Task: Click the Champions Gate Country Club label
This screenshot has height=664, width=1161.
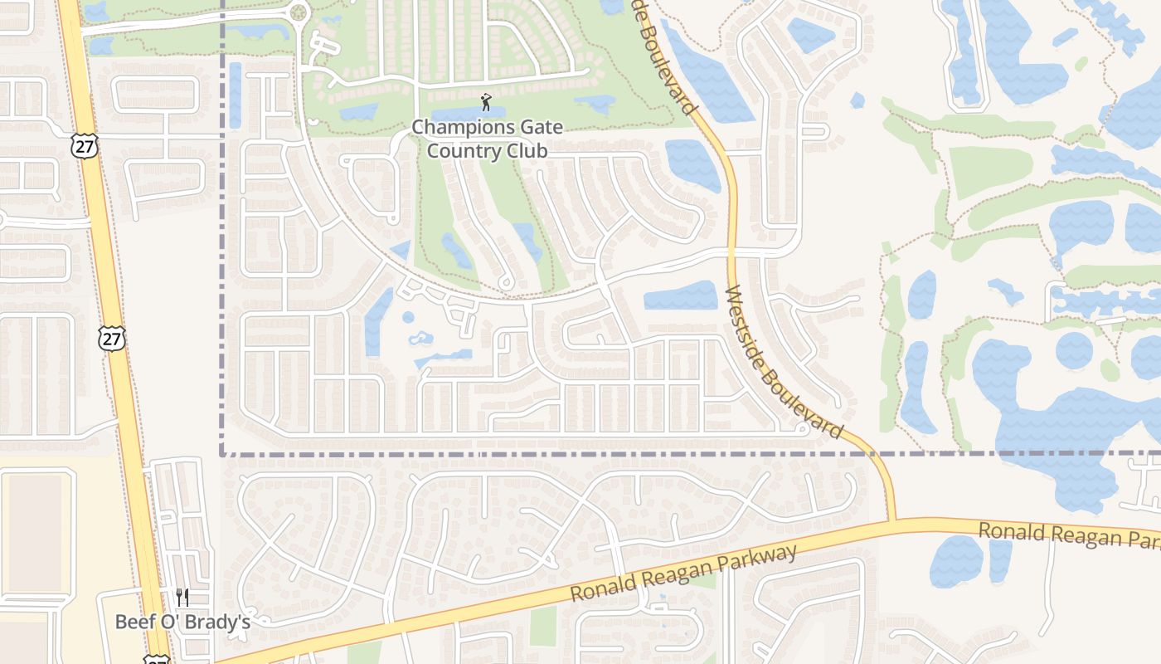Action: [x=487, y=139]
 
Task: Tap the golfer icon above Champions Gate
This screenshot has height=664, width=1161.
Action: [x=486, y=103]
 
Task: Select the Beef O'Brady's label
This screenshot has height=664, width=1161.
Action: [x=182, y=622]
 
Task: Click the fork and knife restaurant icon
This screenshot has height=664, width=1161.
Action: [x=182, y=597]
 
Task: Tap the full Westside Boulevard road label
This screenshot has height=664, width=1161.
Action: [x=784, y=364]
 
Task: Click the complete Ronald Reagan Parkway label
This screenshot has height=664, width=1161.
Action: [x=683, y=574]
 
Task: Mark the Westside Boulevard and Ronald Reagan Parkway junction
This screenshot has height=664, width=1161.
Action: [x=892, y=521]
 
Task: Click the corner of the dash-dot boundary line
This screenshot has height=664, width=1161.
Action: [x=222, y=454]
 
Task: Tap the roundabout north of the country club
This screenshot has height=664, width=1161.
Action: [x=299, y=12]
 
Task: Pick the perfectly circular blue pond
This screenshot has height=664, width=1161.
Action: [x=1074, y=350]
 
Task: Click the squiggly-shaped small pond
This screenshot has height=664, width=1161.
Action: [x=420, y=339]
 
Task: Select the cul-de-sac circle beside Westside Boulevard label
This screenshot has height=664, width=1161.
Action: [x=802, y=429]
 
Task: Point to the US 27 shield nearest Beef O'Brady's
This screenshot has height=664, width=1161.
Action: [x=155, y=660]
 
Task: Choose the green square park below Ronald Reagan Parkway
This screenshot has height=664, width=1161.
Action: [x=543, y=626]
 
